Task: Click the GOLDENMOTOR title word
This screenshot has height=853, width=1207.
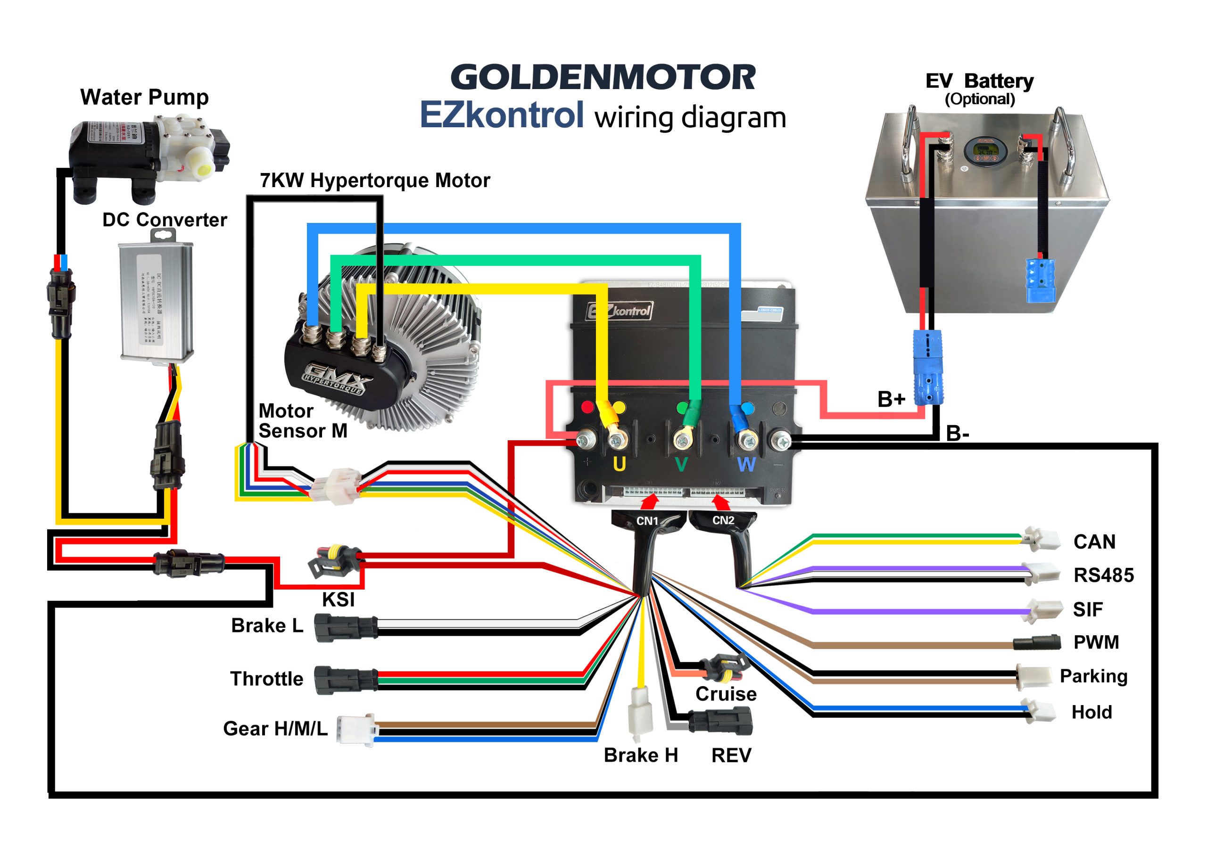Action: pyautogui.click(x=603, y=78)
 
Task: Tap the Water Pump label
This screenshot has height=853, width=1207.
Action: pyautogui.click(x=145, y=98)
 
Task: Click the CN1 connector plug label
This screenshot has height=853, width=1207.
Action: pyautogui.click(x=647, y=521)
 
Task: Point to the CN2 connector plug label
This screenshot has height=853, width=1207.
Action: pyautogui.click(x=723, y=520)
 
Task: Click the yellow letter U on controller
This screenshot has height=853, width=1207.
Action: pyautogui.click(x=619, y=464)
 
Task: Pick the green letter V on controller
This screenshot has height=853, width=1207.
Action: pyautogui.click(x=681, y=465)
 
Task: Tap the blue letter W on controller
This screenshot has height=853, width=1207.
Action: pyautogui.click(x=746, y=465)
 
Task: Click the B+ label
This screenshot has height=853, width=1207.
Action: pyautogui.click(x=891, y=400)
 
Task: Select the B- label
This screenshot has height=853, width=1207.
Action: pyautogui.click(x=957, y=434)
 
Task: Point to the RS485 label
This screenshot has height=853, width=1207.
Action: pyautogui.click(x=1103, y=575)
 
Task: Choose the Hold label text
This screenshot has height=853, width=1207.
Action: pyautogui.click(x=1092, y=712)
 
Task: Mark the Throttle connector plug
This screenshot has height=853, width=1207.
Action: pyautogui.click(x=346, y=680)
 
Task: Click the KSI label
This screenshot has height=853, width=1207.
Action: pyautogui.click(x=338, y=599)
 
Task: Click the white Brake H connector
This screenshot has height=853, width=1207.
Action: pyautogui.click(x=640, y=713)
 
